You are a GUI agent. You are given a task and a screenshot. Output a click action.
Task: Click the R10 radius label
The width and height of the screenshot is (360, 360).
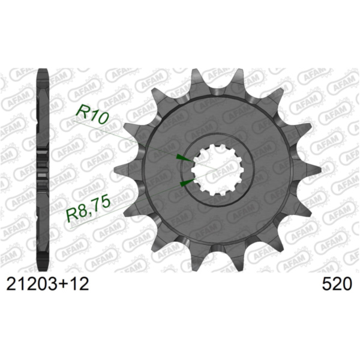coord(92,113)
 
